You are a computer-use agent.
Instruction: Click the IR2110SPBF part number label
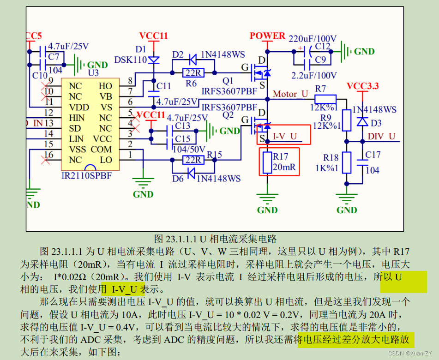[87, 176]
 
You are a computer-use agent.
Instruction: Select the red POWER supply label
[267, 36]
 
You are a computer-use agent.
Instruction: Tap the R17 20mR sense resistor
[267, 162]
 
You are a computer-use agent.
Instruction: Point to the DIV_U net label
[381, 136]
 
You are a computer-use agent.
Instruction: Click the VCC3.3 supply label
[363, 86]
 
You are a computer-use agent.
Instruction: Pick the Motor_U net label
[290, 94]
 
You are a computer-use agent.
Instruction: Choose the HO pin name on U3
[105, 86]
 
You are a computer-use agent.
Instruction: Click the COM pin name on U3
[101, 149]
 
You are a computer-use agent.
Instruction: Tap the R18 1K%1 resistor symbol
[346, 162]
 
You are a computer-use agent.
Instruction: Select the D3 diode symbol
[363, 122]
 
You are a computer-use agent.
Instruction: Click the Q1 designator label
[228, 81]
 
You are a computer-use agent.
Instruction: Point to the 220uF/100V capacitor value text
[313, 38]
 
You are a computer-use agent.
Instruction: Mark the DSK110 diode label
[130, 60]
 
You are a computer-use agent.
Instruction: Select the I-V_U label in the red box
[284, 136]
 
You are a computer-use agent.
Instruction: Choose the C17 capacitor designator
[373, 155]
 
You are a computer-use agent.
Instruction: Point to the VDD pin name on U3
[79, 107]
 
